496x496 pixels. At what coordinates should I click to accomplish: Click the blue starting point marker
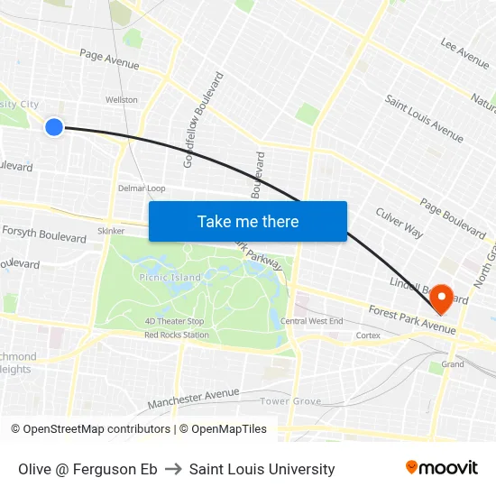[x=54, y=127]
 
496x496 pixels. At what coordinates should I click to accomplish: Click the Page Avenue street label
[x=109, y=60]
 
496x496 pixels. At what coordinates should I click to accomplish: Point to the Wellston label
[x=122, y=100]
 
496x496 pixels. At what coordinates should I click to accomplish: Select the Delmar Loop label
[x=142, y=188]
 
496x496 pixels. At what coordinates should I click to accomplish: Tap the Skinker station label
[x=111, y=231]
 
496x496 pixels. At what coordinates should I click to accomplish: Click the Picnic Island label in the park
[x=170, y=278]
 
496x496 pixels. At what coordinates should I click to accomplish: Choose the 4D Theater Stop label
[x=174, y=321]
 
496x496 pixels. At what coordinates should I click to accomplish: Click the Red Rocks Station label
[x=177, y=335]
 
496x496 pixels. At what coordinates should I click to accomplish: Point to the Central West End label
[x=311, y=321]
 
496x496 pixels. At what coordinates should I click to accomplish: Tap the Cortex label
[x=368, y=335]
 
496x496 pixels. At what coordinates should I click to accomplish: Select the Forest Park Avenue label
[x=411, y=319]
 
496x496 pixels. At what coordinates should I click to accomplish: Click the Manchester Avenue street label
[x=193, y=397]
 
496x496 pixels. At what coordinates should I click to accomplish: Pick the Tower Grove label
[x=290, y=400]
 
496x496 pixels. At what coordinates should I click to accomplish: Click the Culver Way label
[x=400, y=223]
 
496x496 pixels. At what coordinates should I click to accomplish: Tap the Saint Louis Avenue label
[x=424, y=118]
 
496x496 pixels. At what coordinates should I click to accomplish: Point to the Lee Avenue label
[x=465, y=53]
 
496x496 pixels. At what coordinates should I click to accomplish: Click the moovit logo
[x=441, y=468]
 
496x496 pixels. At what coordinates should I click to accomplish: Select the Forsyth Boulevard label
[x=45, y=234]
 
